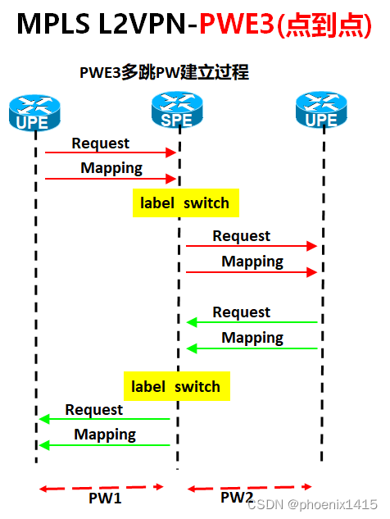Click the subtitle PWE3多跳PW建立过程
tap(164, 73)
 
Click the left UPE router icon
tap(34, 113)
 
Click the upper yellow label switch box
tap(185, 203)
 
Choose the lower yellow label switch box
tap(176, 386)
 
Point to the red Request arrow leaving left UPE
tap(111, 153)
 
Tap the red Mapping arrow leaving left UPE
tap(111, 178)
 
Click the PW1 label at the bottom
tap(105, 497)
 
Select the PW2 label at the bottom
tap(237, 497)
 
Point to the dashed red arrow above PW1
tap(102, 488)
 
